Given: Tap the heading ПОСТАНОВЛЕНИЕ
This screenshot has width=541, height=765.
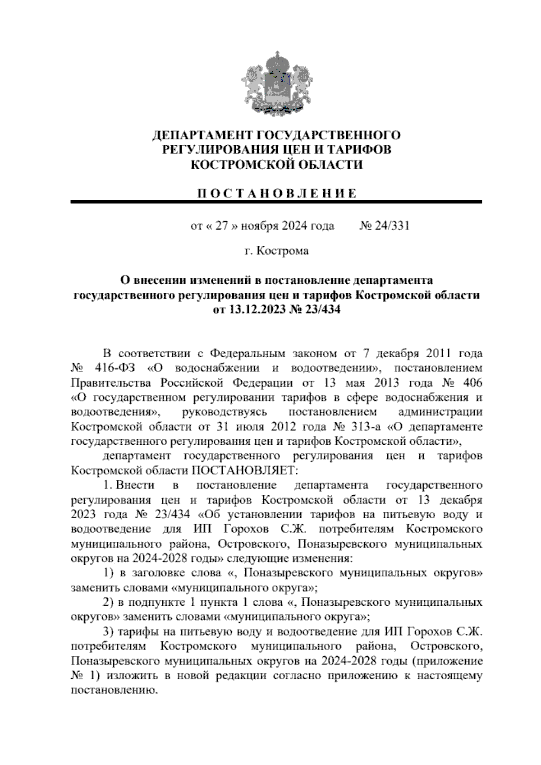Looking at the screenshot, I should [276, 194].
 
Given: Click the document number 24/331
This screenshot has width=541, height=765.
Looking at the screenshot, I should [391, 226].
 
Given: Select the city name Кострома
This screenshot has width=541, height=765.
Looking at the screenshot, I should [283, 251].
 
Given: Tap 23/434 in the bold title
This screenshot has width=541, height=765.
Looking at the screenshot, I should [321, 310].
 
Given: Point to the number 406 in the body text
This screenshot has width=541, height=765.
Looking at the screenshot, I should [472, 382].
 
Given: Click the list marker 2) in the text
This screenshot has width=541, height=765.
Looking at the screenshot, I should [108, 602].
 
